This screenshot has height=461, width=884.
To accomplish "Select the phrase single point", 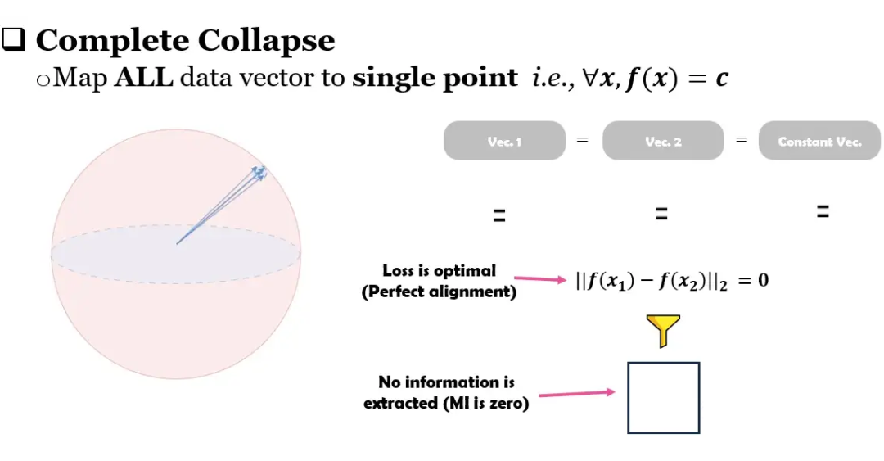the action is [435, 78].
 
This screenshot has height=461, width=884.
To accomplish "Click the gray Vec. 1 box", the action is [504, 141].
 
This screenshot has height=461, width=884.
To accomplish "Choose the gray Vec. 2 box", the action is [663, 141].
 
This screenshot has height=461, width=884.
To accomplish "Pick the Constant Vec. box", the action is [819, 141].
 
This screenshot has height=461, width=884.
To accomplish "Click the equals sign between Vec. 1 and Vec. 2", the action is [583, 140].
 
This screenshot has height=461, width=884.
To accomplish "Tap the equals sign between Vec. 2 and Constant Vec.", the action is [742, 140].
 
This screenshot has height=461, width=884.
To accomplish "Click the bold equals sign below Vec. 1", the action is [498, 216].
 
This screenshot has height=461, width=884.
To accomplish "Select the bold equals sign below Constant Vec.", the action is [823, 211].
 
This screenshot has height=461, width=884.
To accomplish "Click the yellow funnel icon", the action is [664, 330].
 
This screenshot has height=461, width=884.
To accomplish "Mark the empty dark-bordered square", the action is [664, 397].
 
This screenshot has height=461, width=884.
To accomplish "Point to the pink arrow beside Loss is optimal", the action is [539, 279].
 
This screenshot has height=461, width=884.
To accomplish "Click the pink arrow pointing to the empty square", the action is [575, 394].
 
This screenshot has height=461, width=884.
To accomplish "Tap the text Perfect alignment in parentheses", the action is [440, 292].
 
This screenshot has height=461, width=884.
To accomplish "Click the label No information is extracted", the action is [446, 392].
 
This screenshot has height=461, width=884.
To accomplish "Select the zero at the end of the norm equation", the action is [763, 281].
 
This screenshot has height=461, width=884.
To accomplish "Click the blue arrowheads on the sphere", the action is [259, 173].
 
